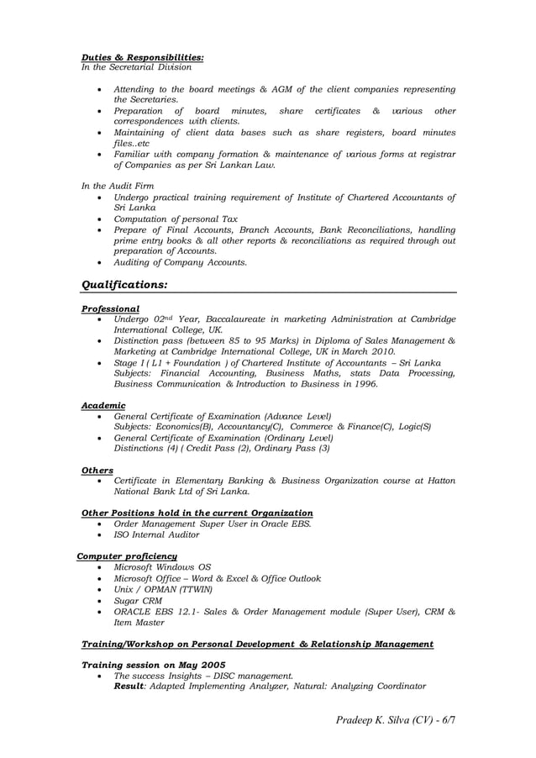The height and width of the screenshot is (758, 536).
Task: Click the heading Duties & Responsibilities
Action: pyautogui.click(x=142, y=57)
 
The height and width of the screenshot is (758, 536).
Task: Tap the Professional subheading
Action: pyautogui.click(x=110, y=309)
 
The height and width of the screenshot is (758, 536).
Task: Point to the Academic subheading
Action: pyautogui.click(x=103, y=405)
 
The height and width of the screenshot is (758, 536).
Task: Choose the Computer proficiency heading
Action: pyautogui.click(x=127, y=556)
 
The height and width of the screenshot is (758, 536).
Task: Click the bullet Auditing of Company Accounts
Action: pyautogui.click(x=180, y=262)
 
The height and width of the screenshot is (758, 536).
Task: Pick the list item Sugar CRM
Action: pyautogui.click(x=139, y=602)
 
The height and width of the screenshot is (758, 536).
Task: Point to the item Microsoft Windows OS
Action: pyautogui.click(x=162, y=567)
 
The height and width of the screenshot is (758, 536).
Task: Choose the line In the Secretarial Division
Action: pyautogui.click(x=136, y=67)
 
